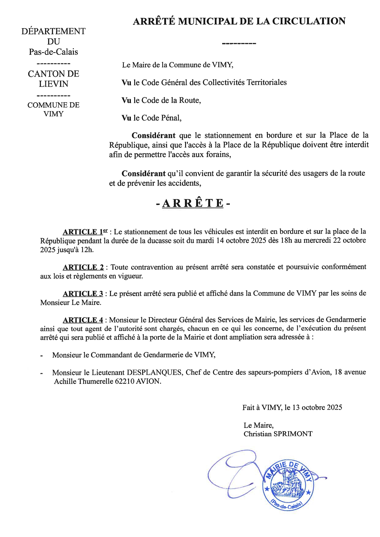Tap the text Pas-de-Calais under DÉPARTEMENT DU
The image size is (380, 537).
(x=53, y=52)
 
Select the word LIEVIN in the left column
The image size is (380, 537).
(x=53, y=84)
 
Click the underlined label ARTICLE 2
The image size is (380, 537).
(x=83, y=267)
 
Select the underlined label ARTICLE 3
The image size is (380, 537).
(x=83, y=294)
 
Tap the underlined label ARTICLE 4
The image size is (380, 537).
(x=83, y=320)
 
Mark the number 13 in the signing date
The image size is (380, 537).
(x=296, y=407)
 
